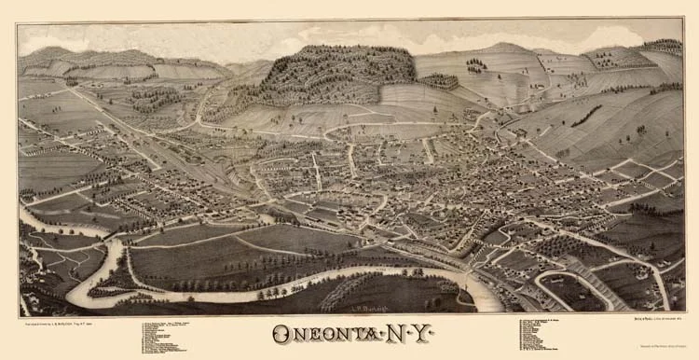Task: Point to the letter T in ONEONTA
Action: (353, 334)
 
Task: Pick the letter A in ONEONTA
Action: (371, 334)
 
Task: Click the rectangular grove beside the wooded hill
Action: (439, 82)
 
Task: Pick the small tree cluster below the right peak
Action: (476, 65)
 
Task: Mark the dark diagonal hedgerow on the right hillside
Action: (587, 116)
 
